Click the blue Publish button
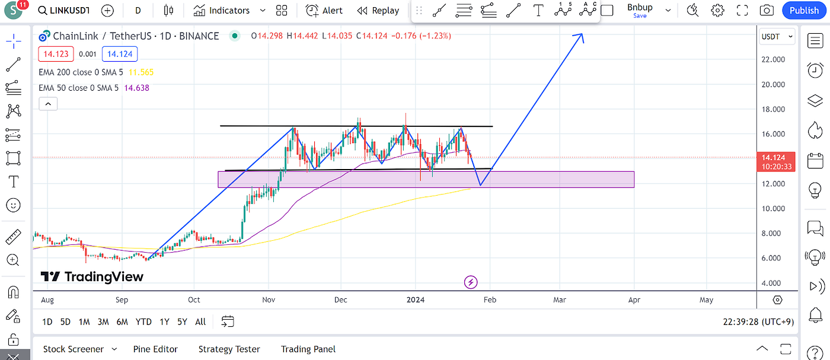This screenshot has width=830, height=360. click(804, 10)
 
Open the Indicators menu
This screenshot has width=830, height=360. click(222, 10)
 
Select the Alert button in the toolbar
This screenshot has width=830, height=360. click(324, 10)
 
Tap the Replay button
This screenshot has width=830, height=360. click(378, 10)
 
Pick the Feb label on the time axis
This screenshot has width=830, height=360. click(490, 300)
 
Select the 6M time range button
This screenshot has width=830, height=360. click(122, 321)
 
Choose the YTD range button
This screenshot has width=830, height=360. click(143, 321)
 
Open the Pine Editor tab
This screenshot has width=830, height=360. click(155, 349)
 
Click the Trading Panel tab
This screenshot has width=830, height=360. click(308, 349)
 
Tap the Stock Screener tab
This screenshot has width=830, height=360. click(74, 349)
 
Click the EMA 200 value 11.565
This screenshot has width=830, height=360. click(141, 72)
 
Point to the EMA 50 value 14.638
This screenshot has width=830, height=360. click(136, 88)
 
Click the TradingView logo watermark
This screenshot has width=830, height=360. click(92, 276)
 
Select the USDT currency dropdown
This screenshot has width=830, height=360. click(777, 37)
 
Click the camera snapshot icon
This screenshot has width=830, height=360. click(767, 10)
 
